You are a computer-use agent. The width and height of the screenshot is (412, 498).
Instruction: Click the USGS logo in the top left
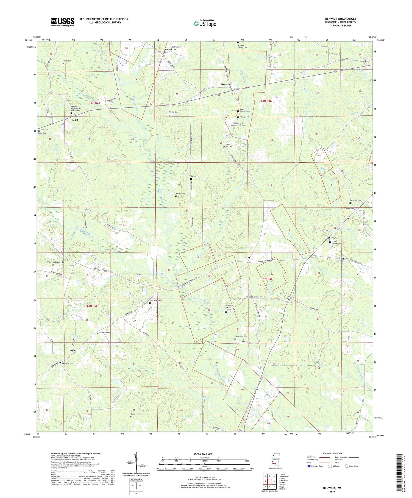pos(63,22)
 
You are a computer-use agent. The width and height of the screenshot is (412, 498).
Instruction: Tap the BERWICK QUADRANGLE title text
pos(340,19)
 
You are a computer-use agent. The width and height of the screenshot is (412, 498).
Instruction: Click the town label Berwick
pos(226,84)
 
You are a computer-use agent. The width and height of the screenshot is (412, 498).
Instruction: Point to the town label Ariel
pos(75,120)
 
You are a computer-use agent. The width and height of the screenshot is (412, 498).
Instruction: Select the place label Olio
pos(247,257)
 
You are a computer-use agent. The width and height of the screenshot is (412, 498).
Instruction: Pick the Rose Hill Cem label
pos(104,332)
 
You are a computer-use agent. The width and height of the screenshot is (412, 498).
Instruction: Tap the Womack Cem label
pos(240,337)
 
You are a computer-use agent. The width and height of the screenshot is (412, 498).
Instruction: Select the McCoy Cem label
pos(180,194)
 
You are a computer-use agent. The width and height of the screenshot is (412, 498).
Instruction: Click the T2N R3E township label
pos(266,101)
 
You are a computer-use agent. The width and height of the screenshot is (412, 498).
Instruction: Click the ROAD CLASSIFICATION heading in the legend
pos(332,453)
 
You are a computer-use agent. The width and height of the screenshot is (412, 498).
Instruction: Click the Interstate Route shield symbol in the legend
pos(309,466)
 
